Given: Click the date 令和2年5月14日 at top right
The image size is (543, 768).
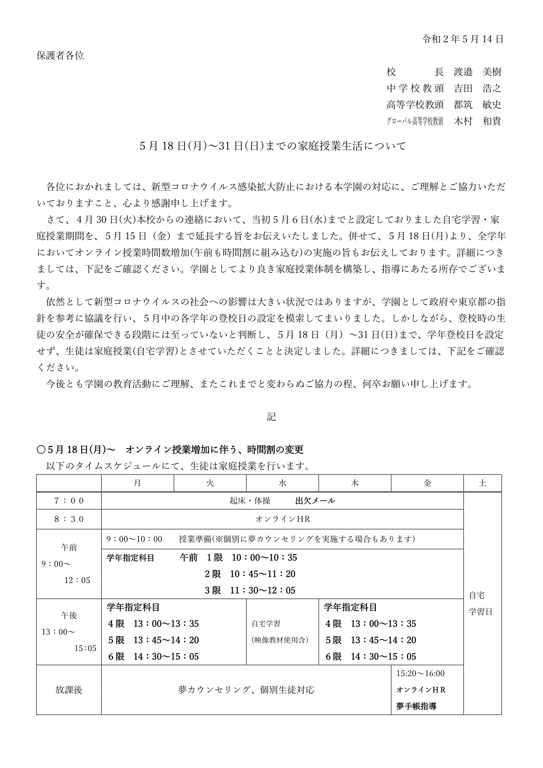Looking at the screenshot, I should point(463,39).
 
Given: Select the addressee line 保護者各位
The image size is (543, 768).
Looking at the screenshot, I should point(60,55).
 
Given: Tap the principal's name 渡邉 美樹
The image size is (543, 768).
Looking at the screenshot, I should point(477,72).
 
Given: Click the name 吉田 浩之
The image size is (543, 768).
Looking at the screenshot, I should point(477,88).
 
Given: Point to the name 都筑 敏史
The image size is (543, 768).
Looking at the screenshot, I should point(477,105).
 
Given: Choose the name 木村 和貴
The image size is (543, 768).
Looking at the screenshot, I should point(477,121).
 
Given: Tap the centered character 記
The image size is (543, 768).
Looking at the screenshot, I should point(271,417).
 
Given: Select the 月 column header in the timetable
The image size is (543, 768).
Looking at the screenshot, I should point(138,483).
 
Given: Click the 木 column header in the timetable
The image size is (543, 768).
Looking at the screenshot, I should point(355,483).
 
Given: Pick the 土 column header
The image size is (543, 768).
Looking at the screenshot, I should point(482,483).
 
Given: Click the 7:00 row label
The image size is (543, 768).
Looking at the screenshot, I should point(69,501).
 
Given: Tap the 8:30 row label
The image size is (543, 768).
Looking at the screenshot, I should point(69,519).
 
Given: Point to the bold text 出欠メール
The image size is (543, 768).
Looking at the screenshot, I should point(315,501).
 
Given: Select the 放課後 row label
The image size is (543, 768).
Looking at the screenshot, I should point(69,690).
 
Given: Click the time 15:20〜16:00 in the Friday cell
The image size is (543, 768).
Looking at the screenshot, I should point(420,674).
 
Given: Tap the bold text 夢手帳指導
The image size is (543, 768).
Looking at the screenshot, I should point(416,706).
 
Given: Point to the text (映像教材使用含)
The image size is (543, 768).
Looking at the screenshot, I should point(280,640).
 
